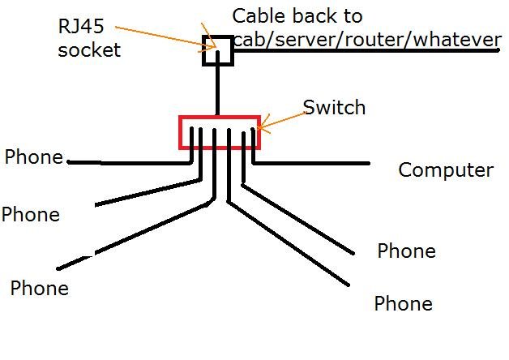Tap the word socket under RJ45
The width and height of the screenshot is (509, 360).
(89, 49)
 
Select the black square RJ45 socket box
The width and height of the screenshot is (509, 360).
(217, 50)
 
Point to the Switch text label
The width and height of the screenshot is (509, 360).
(334, 107)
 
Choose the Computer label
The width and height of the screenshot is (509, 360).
(446, 170)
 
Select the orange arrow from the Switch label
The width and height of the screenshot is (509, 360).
(280, 119)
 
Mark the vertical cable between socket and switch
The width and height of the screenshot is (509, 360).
(217, 91)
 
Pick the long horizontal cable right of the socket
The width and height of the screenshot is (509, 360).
(365, 51)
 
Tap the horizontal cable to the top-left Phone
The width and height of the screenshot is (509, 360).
(130, 162)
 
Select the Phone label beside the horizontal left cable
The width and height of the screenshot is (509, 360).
(34, 157)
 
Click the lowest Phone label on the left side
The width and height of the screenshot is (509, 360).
(39, 288)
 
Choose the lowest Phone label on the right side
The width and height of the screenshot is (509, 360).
(403, 304)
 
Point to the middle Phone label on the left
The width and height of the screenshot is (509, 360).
(31, 215)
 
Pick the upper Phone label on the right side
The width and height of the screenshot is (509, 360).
(406, 251)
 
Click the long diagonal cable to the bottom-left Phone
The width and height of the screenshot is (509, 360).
(138, 234)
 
